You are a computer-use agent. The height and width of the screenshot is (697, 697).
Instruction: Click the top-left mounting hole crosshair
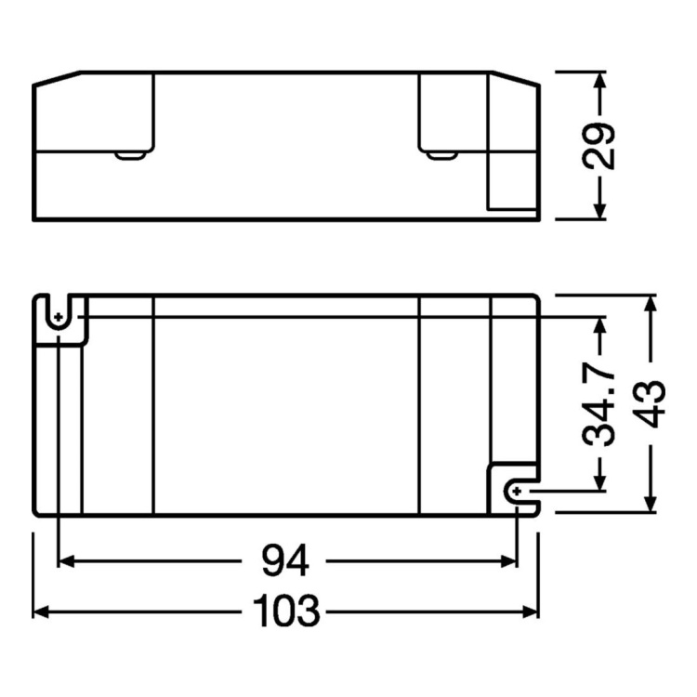point(59,317)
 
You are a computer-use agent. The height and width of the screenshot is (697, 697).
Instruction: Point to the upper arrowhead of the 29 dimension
point(599,78)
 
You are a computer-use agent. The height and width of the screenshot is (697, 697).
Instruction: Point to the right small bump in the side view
point(438,153)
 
